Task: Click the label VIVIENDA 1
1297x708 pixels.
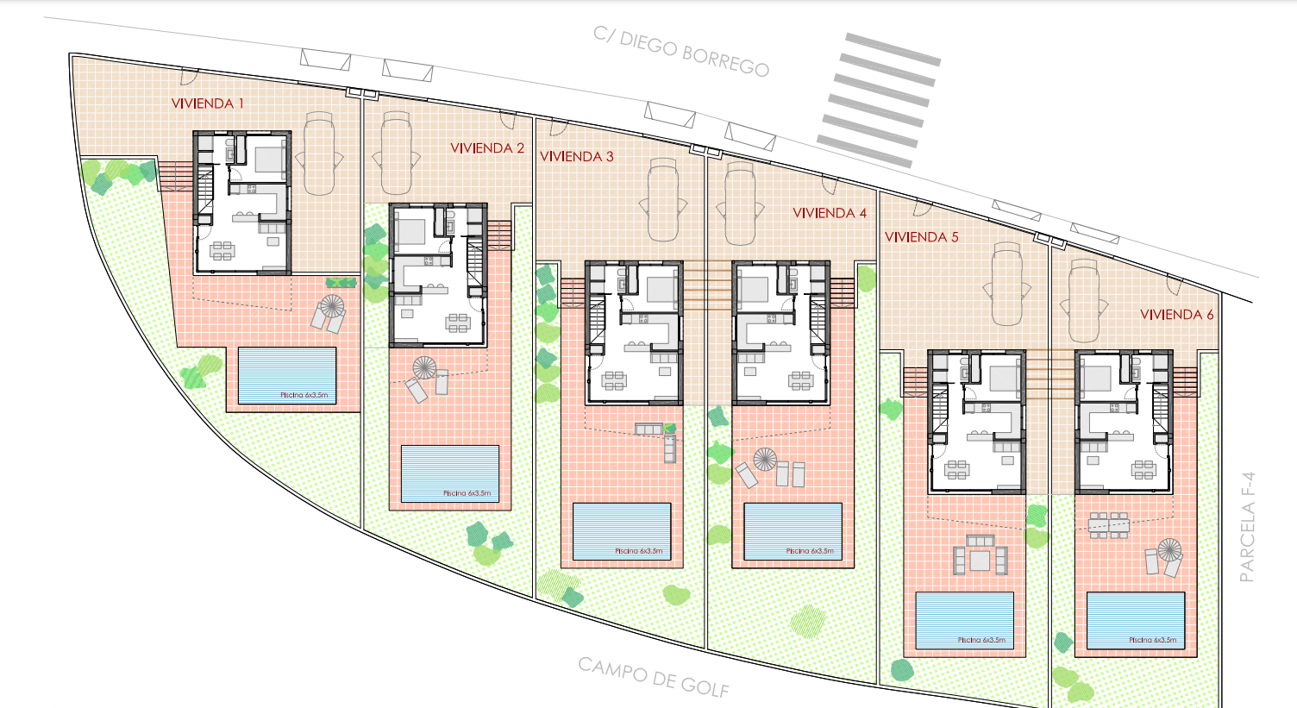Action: tap(208, 103)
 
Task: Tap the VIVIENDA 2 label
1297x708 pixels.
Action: tap(487, 148)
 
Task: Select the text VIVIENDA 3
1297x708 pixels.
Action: tap(577, 157)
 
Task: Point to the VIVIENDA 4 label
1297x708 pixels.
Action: tap(830, 213)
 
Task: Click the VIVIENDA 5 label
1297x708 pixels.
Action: tap(922, 237)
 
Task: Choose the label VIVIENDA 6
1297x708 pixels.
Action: tap(1177, 315)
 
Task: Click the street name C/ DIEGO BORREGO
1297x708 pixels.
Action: tap(681, 52)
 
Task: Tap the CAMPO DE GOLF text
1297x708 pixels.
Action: tap(654, 677)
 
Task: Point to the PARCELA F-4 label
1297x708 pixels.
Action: tap(1247, 527)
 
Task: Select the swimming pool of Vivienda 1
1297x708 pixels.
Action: tap(286, 375)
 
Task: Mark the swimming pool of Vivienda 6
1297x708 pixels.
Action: tap(1135, 619)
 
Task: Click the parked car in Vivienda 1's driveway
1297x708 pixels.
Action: tap(319, 155)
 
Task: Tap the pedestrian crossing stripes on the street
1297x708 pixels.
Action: tap(878, 99)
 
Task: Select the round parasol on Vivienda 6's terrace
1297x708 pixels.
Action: tap(1169, 549)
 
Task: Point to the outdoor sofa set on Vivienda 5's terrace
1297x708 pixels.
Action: tap(981, 555)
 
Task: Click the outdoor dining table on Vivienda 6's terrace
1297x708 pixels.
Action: tap(1108, 524)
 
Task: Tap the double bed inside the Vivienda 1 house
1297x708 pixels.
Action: tap(269, 157)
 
